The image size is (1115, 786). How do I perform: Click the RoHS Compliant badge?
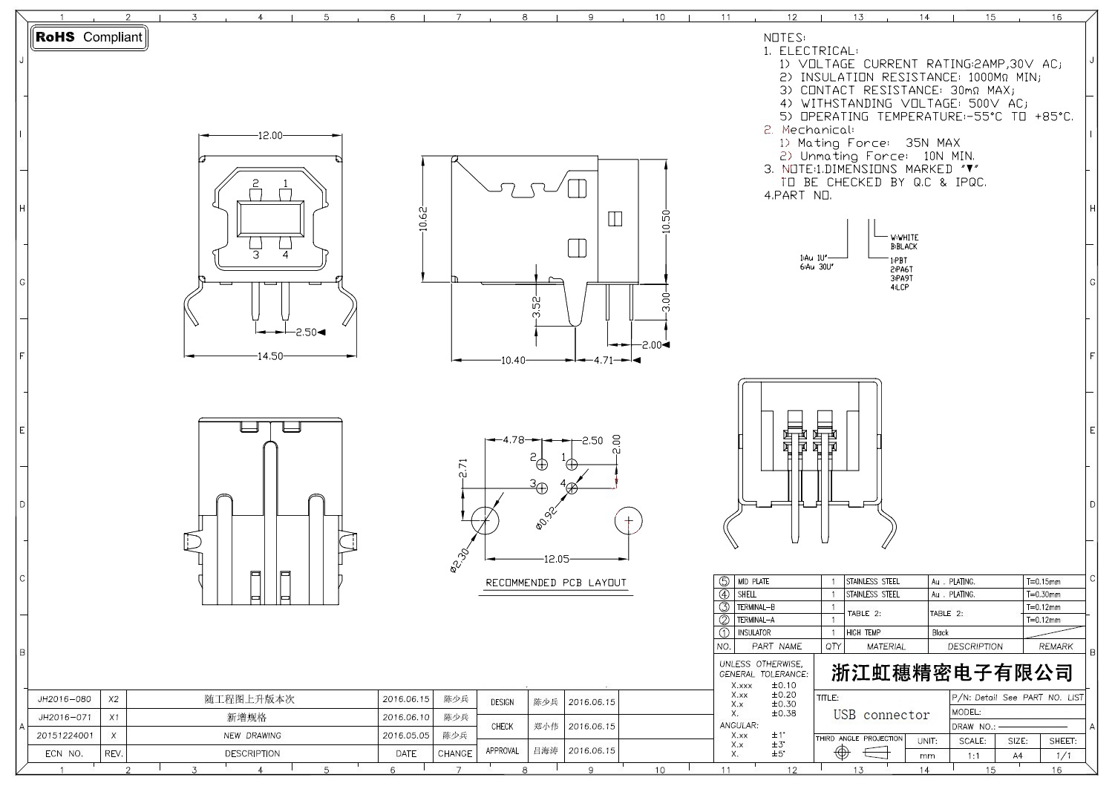pyautogui.click(x=89, y=37)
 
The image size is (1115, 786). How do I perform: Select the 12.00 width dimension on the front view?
pyautogui.click(x=269, y=136)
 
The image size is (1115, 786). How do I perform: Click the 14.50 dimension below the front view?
pyautogui.click(x=269, y=356)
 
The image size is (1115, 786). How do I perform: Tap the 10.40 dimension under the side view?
pyautogui.click(x=513, y=360)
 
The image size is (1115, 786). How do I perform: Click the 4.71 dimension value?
pyautogui.click(x=603, y=360)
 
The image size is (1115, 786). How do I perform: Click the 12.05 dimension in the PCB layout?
pyautogui.click(x=556, y=559)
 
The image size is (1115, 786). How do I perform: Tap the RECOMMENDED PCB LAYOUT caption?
pyautogui.click(x=556, y=583)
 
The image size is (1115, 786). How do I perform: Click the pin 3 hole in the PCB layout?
pyautogui.click(x=542, y=488)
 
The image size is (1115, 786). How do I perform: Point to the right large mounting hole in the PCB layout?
pyautogui.click(x=628, y=521)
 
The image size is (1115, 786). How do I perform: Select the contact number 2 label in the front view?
pyautogui.click(x=255, y=183)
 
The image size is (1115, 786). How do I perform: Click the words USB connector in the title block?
pyautogui.click(x=881, y=715)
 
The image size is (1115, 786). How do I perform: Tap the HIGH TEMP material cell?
pyautogui.click(x=863, y=633)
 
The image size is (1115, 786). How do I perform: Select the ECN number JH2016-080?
pyautogui.click(x=65, y=699)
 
